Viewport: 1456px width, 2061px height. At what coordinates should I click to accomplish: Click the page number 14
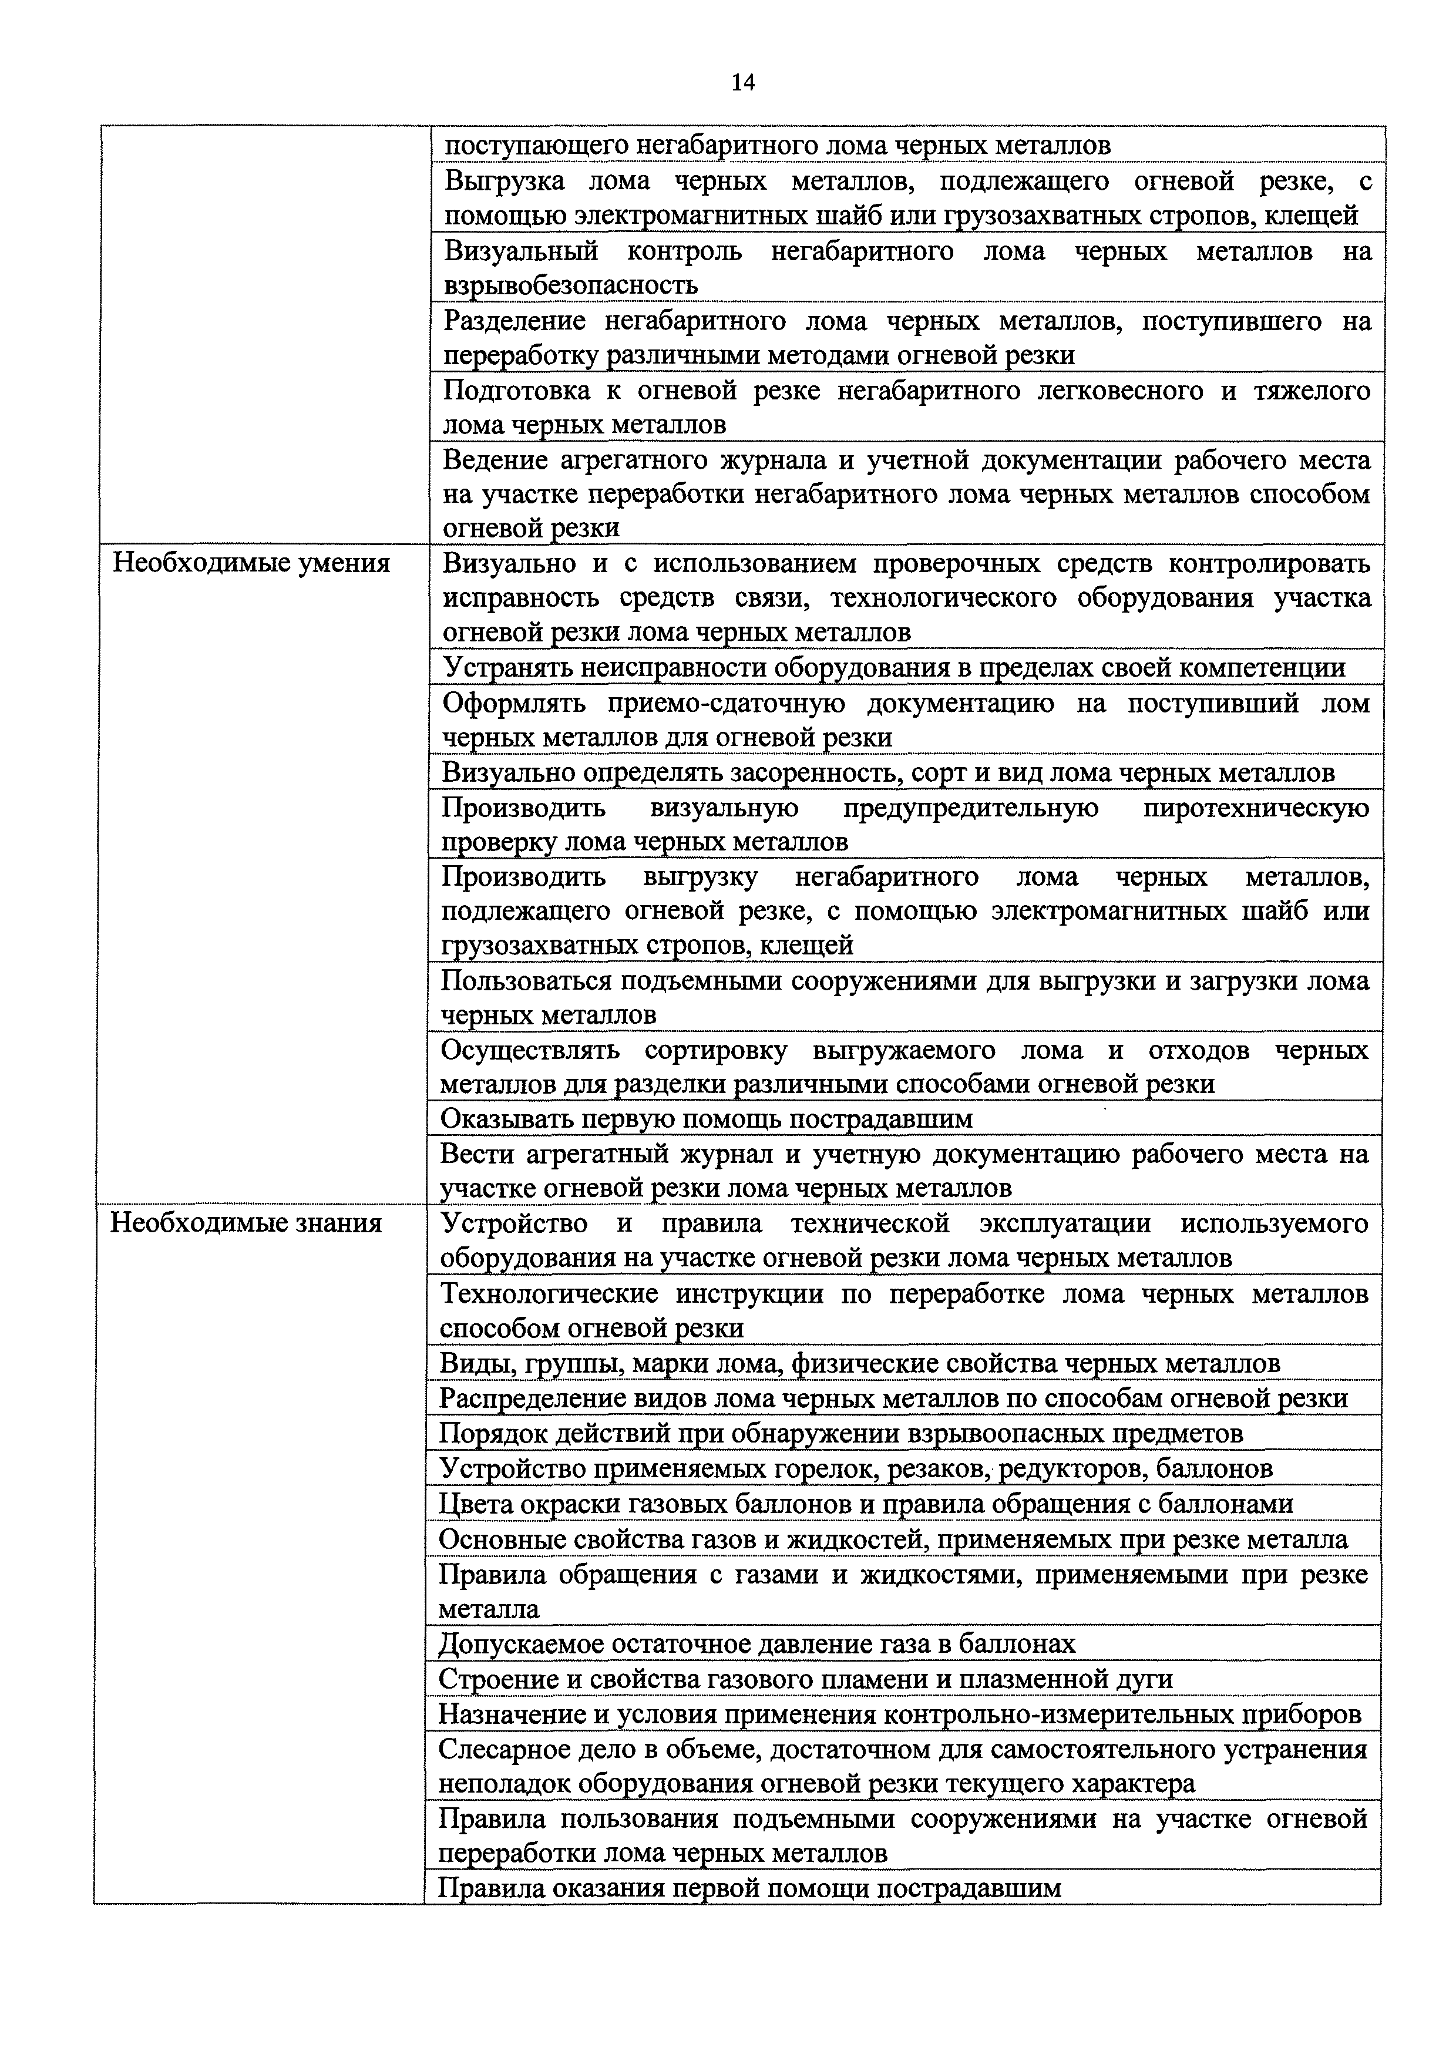[x=742, y=83]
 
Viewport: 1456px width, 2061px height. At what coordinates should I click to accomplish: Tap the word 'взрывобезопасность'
[x=571, y=285]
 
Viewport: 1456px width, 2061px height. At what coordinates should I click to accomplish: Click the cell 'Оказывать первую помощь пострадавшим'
[x=707, y=1118]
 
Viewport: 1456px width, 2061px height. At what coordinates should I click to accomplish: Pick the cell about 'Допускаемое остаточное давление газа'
[x=756, y=1643]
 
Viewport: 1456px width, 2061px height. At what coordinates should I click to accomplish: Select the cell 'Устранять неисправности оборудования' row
[x=894, y=668]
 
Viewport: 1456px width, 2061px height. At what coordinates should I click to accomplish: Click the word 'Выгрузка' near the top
[x=505, y=181]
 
